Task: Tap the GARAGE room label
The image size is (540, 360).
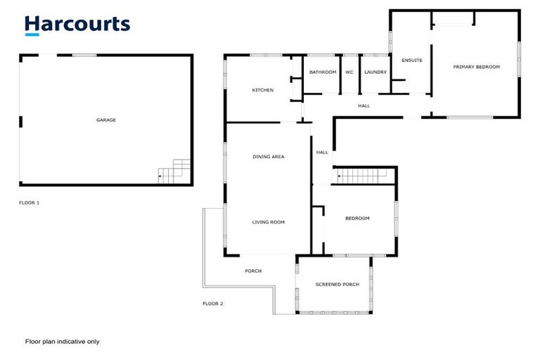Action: (x=106, y=120)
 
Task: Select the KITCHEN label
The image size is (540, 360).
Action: (x=263, y=90)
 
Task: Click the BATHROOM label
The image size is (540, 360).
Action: (x=323, y=72)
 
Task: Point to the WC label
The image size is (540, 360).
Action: (x=349, y=72)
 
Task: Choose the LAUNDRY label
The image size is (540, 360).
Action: (x=375, y=72)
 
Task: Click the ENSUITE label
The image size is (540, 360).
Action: (x=412, y=60)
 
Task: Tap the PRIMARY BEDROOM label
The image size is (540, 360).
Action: (x=476, y=67)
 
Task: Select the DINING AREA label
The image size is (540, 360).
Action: (x=268, y=157)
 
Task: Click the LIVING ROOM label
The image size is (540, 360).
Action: (x=268, y=222)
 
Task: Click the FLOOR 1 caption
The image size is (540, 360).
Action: (x=29, y=202)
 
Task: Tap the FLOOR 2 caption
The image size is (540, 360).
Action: (x=212, y=304)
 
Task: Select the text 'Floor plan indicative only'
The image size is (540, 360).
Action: (x=62, y=342)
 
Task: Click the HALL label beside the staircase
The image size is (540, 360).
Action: (x=322, y=152)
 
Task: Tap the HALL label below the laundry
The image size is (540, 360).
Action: (x=364, y=106)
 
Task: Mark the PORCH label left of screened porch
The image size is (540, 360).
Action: (x=253, y=271)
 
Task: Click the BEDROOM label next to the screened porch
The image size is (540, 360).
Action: (x=357, y=219)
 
